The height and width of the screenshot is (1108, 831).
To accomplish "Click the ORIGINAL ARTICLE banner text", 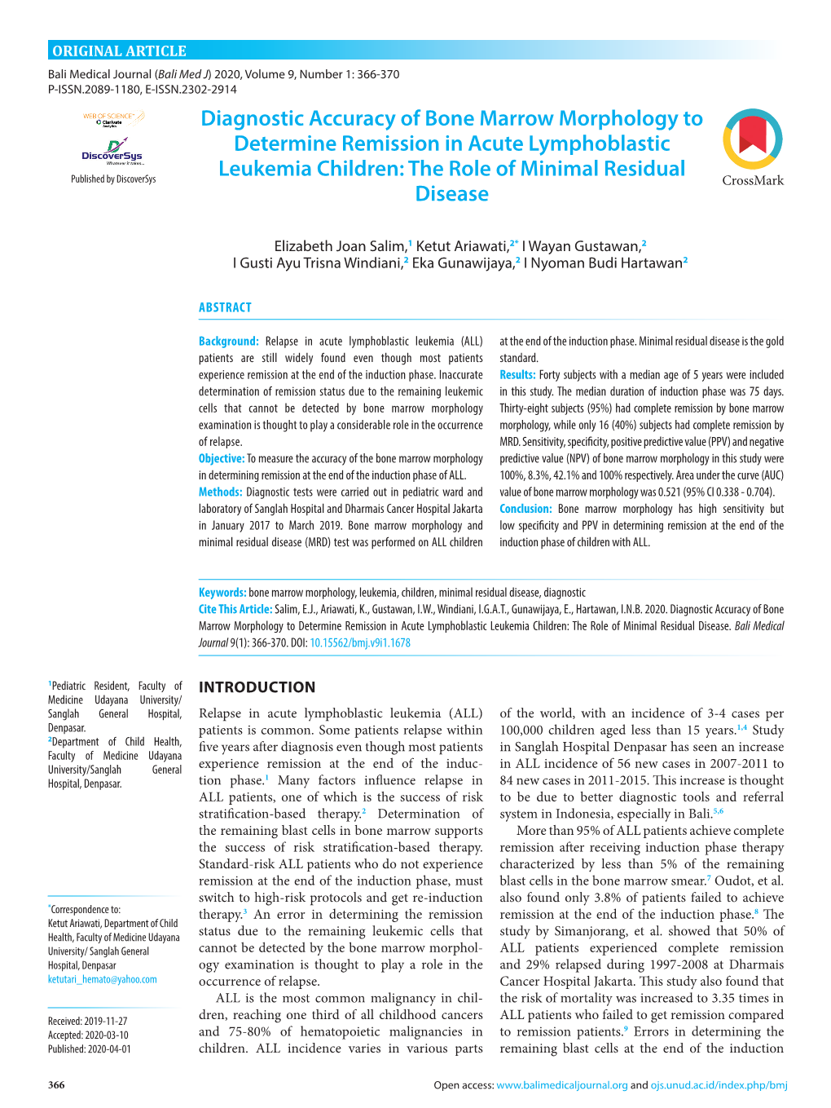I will tap(119, 51).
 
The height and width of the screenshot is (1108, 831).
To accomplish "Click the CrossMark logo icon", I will tap(752, 139).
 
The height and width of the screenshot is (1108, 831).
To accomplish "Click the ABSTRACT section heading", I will tap(225, 307).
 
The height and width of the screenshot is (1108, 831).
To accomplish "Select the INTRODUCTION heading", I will tap(257, 687).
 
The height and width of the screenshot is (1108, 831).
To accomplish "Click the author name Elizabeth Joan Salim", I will tap(339, 246).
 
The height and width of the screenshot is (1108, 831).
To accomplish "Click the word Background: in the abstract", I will tap(228, 342).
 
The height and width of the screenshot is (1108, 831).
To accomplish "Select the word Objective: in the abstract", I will tap(221, 459).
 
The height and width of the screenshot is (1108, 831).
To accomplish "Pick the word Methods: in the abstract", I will tap(220, 492).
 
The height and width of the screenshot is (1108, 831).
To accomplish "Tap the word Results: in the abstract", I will tap(517, 375).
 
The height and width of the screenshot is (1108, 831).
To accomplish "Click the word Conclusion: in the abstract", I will tap(525, 509).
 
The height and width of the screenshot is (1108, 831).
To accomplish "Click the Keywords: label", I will tap(222, 593).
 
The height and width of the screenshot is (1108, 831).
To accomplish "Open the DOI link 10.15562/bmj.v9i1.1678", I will tap(359, 643).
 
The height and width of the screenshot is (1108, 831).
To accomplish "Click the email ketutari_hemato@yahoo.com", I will tap(102, 979).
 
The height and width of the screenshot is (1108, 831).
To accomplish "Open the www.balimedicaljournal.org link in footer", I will tap(561, 1085).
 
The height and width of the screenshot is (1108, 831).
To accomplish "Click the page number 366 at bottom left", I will tap(56, 1085).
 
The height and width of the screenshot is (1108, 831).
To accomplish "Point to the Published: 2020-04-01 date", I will tap(89, 1049).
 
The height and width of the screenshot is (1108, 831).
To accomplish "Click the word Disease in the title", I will tap(451, 194).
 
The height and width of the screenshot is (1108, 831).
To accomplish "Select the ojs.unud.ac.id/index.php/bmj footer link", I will tap(719, 1085).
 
